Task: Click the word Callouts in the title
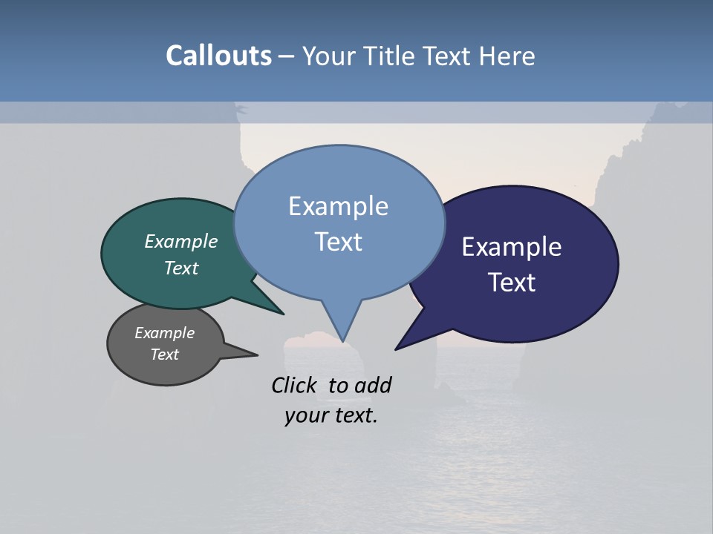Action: click(x=218, y=56)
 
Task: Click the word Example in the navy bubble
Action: click(x=511, y=247)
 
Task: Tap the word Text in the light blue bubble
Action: click(x=339, y=242)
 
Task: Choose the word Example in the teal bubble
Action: click(x=181, y=242)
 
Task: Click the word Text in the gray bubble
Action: click(x=165, y=355)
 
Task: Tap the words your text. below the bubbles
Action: click(x=331, y=416)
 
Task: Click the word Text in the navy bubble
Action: click(x=512, y=283)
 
